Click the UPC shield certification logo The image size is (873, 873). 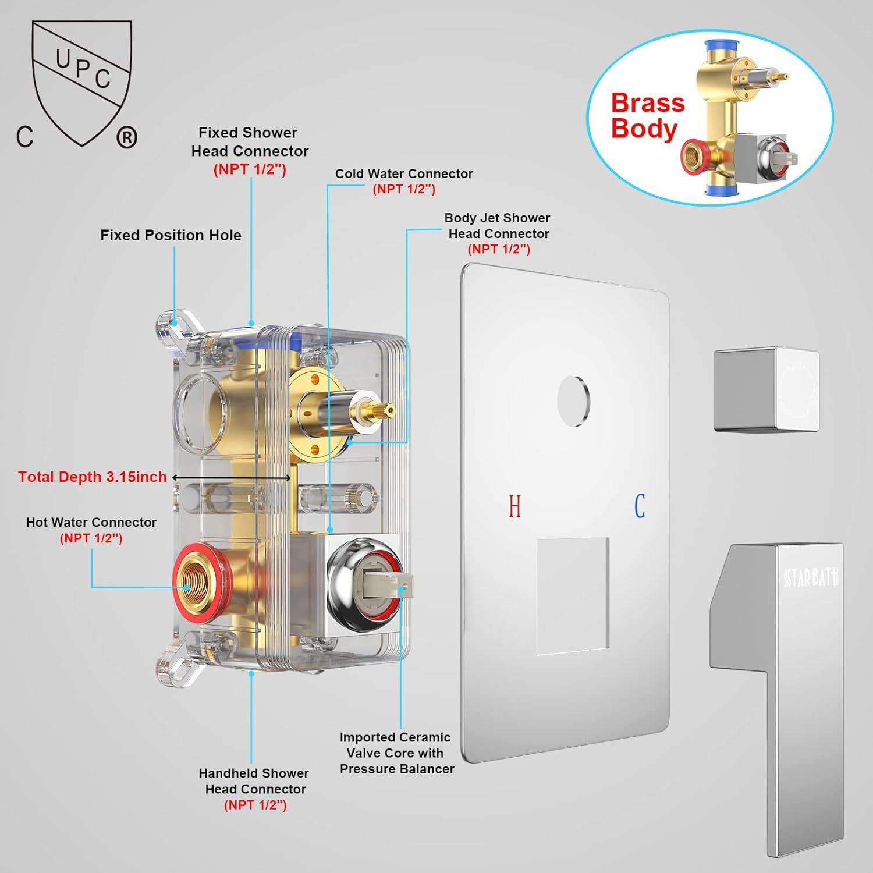(81, 81)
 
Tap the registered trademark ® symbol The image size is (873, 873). (127, 137)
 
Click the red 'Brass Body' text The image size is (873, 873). (647, 115)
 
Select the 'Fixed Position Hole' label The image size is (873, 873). (171, 235)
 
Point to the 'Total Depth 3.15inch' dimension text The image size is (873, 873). (92, 477)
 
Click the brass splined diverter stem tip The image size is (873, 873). (381, 411)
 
